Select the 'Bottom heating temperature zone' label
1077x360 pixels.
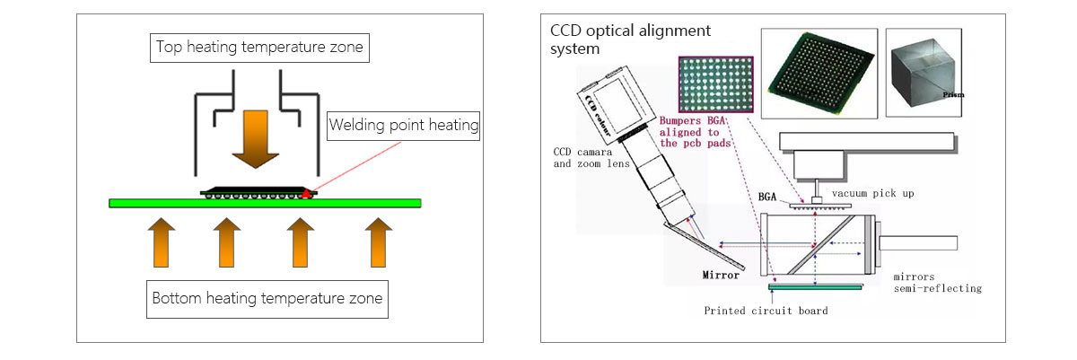tap(267, 298)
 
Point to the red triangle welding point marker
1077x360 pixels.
tap(307, 192)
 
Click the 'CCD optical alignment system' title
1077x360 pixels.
tap(630, 39)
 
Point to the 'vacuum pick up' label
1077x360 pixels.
tap(868, 193)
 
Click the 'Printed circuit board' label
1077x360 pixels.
tap(766, 311)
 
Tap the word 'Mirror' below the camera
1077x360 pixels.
tap(721, 276)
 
